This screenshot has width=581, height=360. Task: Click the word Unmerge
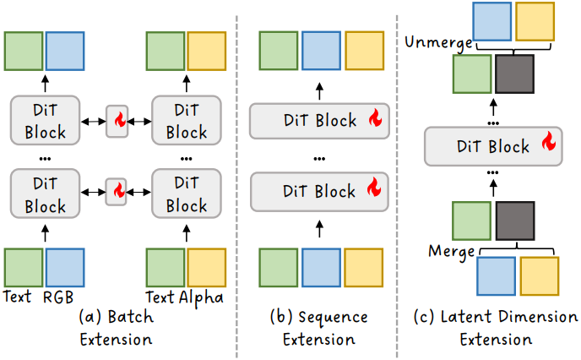[439, 43]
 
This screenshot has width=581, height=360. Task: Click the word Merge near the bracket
[451, 252]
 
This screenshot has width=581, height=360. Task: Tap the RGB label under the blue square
[58, 297]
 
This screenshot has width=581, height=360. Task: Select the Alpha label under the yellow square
[201, 297]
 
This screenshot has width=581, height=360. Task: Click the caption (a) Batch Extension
[116, 328]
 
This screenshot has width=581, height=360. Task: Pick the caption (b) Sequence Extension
[319, 328]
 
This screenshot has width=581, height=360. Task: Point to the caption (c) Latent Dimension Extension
[496, 328]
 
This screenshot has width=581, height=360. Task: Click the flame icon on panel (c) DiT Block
[549, 141]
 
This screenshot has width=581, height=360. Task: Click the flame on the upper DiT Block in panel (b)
[375, 117]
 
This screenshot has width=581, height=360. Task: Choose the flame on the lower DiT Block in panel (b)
[374, 187]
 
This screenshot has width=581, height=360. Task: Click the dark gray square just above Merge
[515, 221]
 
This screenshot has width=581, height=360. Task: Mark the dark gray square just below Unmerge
[514, 74]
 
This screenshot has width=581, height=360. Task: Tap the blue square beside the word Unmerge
[492, 21]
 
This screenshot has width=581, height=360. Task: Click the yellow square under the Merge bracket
[539, 276]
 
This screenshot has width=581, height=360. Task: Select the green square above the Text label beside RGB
[24, 268]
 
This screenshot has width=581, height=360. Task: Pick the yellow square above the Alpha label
[206, 268]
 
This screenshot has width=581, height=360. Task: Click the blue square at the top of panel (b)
[321, 51]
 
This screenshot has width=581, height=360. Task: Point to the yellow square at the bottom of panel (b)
[363, 268]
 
